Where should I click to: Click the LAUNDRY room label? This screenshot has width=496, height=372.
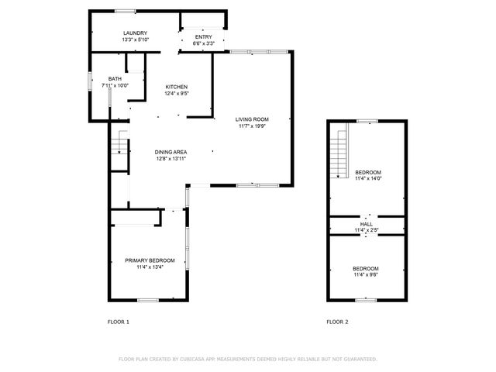(135, 33)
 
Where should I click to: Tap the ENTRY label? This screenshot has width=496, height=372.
(203, 36)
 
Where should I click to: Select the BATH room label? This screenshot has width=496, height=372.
(115, 79)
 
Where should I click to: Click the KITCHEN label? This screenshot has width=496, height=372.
(177, 87)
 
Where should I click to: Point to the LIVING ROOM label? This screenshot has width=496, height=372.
(253, 119)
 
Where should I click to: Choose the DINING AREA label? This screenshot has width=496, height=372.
(170, 152)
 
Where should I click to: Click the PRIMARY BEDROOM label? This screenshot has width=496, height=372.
(150, 260)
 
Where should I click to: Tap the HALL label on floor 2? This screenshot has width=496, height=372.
(367, 224)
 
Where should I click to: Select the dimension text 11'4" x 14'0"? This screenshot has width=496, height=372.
(367, 178)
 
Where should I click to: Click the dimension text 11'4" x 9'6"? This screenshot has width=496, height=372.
(366, 274)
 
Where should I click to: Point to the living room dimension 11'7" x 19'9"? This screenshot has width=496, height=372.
(253, 126)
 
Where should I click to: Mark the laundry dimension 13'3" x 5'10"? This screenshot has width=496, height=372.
(135, 40)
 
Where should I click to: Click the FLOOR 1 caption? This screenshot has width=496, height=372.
(118, 321)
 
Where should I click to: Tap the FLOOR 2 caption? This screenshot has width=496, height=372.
(338, 321)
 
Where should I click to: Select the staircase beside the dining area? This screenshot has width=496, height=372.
(119, 143)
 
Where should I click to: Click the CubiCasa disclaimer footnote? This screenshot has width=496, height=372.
(247, 359)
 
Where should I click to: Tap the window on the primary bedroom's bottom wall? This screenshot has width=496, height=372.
(147, 300)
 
